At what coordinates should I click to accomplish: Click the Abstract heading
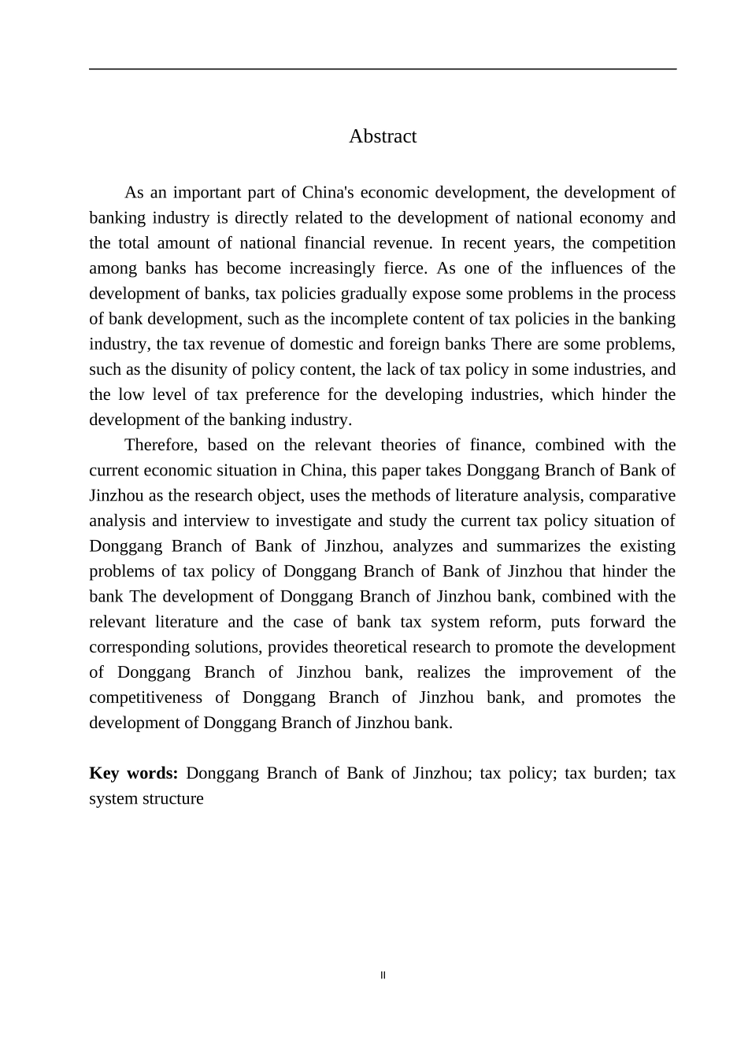[x=383, y=136]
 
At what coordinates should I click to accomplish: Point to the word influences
[x=589, y=268]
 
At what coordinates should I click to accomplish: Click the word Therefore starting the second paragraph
[x=161, y=445]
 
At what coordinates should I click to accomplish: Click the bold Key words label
[x=133, y=773]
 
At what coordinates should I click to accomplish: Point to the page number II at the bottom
[x=383, y=975]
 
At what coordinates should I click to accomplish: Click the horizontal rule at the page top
[x=383, y=69]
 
